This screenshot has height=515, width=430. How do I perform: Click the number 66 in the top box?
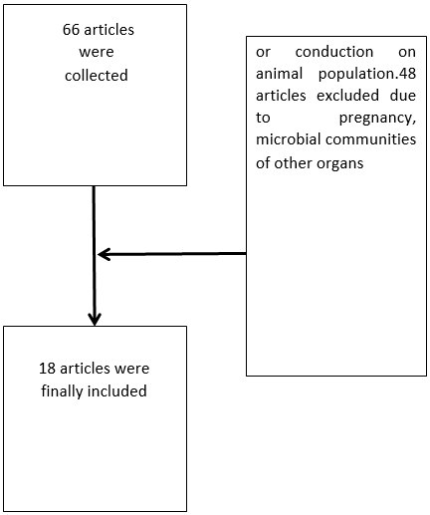point(71,30)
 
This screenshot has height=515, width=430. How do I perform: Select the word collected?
point(97,76)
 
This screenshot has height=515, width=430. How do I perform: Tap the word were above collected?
point(97,52)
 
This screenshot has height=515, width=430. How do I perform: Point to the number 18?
point(47,369)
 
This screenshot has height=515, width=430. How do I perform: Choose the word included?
point(117,390)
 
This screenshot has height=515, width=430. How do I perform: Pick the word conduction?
point(334,52)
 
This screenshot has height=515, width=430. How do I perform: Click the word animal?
point(279,74)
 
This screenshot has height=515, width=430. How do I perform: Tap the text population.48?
point(367,74)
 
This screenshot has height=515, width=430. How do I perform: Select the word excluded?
point(347,96)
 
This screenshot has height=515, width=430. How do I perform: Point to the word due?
point(403,96)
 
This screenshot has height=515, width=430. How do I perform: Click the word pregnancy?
point(377,119)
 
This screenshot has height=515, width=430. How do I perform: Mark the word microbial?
point(289,139)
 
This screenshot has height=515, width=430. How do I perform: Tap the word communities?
point(370,139)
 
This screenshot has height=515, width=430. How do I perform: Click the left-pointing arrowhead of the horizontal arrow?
point(104,254)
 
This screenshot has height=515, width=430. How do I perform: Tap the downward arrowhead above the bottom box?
point(95,319)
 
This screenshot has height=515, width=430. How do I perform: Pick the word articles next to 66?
point(109,30)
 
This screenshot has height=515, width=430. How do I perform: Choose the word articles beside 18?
point(85,369)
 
